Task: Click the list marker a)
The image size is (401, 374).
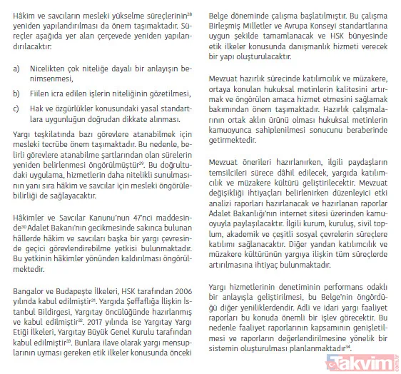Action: point(16,70)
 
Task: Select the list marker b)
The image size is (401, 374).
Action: point(16,93)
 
